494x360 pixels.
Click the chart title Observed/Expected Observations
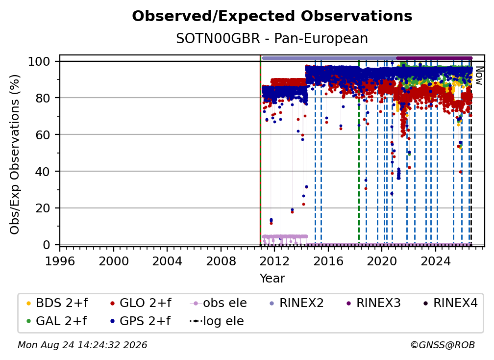pos(272,16)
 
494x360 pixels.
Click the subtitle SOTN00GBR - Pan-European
pos(272,38)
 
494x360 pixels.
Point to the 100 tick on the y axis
pos(44,61)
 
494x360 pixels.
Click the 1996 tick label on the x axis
pos(60,261)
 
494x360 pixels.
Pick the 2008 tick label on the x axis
pos(221,261)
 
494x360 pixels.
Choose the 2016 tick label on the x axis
pos(328,261)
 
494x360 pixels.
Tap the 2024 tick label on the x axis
pos(435,261)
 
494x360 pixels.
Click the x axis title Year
pos(272,279)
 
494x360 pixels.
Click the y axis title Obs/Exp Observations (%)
pos(15,154)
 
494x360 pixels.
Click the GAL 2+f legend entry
pos(56,321)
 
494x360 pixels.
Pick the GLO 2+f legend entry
pos(141,303)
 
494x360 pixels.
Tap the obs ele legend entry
pos(219,303)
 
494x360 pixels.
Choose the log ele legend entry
pos(217,321)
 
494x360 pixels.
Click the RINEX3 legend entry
pos(373,303)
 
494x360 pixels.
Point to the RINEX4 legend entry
pos(450,303)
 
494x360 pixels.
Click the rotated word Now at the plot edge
pos(479,76)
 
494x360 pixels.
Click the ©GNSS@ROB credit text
pos(443,345)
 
